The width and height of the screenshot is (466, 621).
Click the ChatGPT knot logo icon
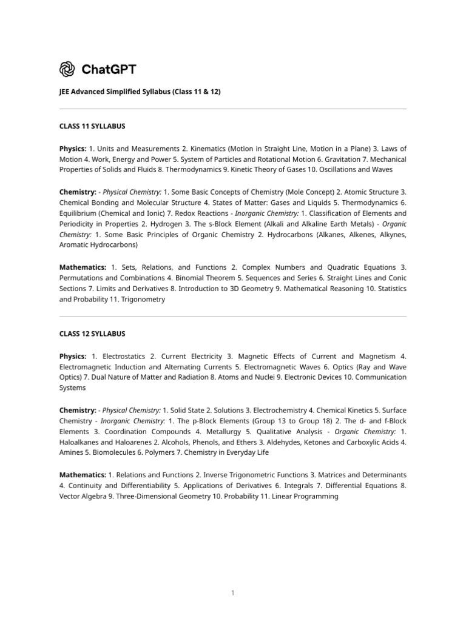tap(67, 70)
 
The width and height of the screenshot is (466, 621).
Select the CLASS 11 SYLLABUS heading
tap(92, 126)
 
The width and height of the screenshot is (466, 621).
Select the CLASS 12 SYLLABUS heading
tap(92, 334)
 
